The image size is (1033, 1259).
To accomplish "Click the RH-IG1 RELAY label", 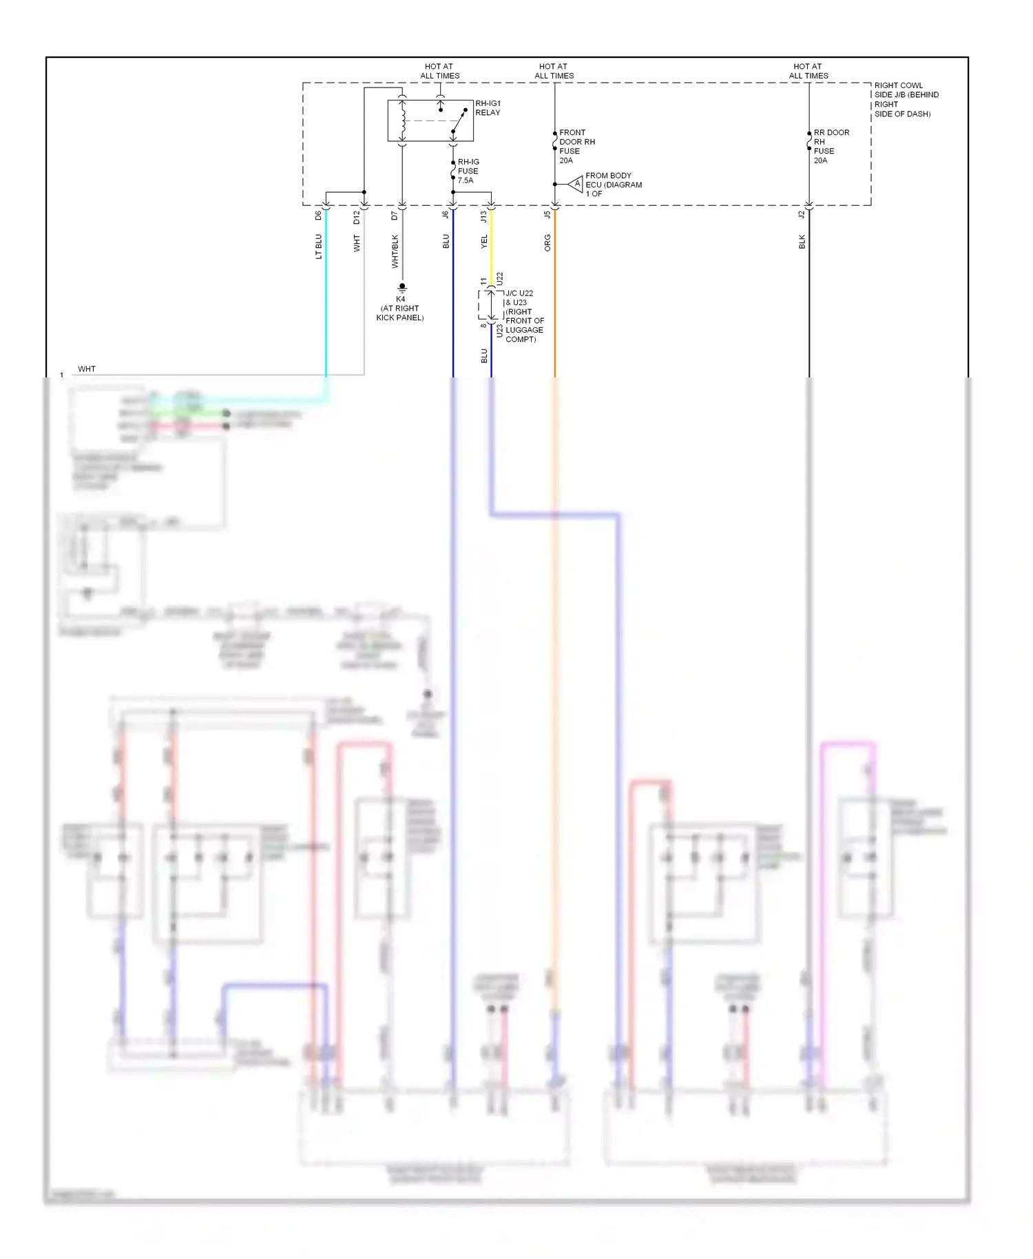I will click(488, 108).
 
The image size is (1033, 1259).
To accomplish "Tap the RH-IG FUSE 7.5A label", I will click(468, 171).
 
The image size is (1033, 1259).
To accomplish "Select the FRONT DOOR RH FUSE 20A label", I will click(576, 146).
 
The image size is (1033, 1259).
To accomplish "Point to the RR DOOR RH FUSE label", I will click(831, 146).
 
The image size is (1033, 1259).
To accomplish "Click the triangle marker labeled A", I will click(577, 184).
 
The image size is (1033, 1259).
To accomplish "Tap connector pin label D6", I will click(318, 216).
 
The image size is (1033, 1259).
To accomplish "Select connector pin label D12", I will click(357, 217).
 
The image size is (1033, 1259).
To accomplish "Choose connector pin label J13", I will click(483, 216).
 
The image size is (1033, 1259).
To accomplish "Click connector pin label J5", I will click(547, 215).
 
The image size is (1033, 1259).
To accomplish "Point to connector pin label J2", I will click(802, 215).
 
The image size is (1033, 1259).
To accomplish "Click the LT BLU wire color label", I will click(318, 247).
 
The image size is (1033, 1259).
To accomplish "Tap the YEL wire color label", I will click(483, 242).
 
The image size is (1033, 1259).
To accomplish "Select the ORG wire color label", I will click(547, 242).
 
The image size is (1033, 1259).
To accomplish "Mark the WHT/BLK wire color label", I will click(395, 251).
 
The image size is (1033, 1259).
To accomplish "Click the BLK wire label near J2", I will click(802, 242).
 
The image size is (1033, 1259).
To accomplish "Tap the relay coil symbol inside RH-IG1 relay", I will click(403, 120).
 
